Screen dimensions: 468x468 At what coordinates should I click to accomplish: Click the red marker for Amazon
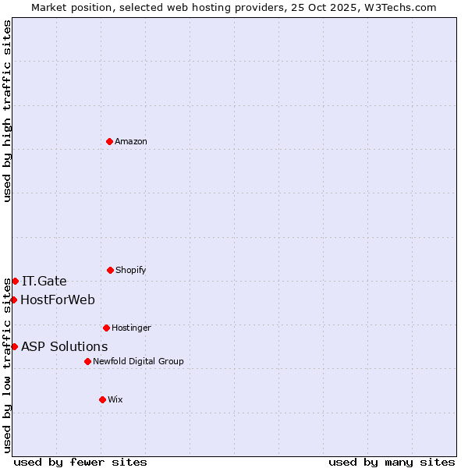109,141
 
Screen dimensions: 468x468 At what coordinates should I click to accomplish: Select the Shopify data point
110,270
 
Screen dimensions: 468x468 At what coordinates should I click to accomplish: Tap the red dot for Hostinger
106,328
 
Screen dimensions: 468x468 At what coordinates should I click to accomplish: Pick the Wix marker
102,399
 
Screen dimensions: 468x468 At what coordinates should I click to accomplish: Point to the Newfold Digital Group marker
87,361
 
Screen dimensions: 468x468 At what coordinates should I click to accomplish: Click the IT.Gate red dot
15,281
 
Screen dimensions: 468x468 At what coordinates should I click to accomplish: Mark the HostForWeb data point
13,300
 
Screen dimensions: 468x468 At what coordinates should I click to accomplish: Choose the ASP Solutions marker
14,346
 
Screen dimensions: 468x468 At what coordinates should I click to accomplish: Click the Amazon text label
131,142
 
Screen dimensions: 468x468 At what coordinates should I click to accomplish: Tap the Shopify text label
131,271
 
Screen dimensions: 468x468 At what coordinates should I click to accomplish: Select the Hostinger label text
131,328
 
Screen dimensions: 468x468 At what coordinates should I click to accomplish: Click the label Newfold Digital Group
138,362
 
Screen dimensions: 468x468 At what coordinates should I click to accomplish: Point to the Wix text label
115,400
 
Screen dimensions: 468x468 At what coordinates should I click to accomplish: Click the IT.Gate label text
44,282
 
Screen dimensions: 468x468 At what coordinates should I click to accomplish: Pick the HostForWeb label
58,300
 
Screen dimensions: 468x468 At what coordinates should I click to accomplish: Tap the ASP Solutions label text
65,347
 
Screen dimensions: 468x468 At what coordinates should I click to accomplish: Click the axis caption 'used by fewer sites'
80,462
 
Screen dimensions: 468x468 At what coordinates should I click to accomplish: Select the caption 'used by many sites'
392,462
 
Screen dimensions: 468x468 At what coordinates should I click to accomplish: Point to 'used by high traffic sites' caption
7,111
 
